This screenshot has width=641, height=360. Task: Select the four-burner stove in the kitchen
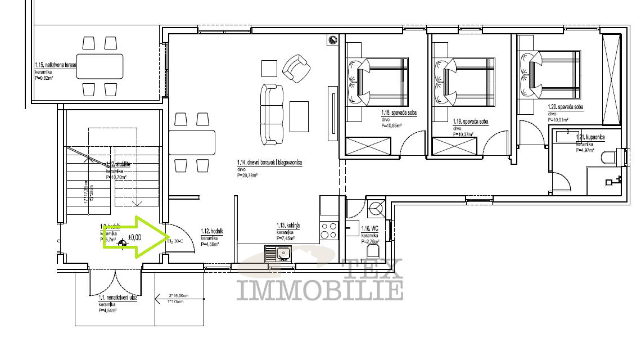328,231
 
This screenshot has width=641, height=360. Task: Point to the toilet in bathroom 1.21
609,157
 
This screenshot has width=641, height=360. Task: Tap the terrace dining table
100,66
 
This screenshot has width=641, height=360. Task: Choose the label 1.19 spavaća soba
471,121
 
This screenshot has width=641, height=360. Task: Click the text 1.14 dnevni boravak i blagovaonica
270,163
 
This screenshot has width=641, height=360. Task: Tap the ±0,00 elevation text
134,237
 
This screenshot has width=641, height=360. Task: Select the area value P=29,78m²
247,175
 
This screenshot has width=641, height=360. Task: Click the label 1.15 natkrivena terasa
55,66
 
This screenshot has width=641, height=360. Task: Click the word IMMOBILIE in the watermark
320,290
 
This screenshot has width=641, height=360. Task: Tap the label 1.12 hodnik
213,231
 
